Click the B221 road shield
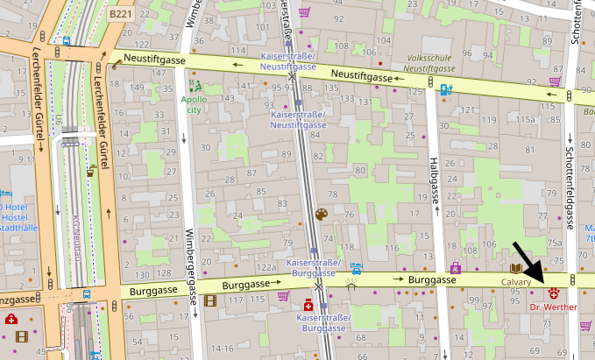point(121,15)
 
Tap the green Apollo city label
point(193,104)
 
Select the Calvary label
point(517,282)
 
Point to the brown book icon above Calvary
point(517,268)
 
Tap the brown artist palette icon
point(321,215)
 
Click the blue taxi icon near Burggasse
point(356,266)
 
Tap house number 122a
point(266,267)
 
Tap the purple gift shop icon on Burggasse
point(455,267)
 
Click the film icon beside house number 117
point(209,300)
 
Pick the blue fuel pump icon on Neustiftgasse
point(446,88)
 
